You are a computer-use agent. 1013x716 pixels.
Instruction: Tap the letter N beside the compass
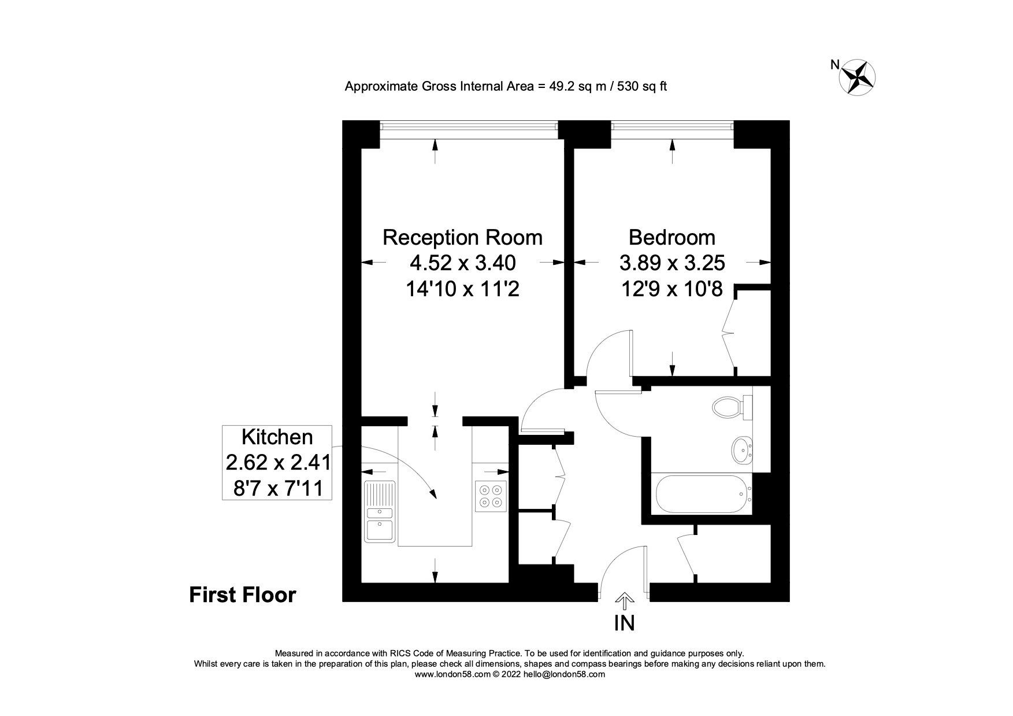click(834, 65)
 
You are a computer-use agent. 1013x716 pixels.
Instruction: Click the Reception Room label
click(462, 238)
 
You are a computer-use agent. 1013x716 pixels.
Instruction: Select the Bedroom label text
click(671, 238)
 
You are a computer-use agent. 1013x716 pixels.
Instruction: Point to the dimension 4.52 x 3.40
click(462, 263)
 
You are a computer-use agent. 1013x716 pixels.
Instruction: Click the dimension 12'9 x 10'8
click(671, 289)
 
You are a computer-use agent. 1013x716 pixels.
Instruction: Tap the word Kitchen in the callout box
click(277, 437)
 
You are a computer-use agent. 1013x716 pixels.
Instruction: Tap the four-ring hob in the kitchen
click(491, 496)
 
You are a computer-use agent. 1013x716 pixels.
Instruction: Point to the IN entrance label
click(625, 623)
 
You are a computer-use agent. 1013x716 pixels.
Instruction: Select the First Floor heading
click(242, 595)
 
